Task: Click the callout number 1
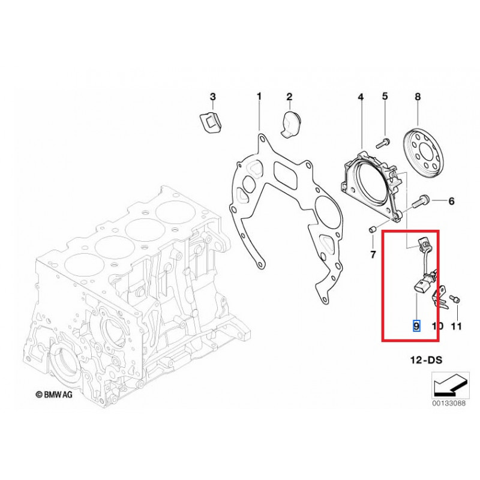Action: (259, 96)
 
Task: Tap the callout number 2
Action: (289, 97)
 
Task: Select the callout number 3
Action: (212, 97)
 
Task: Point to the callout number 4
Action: (361, 97)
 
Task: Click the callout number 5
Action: (385, 96)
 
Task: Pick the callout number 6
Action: (451, 200)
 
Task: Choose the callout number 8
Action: (418, 96)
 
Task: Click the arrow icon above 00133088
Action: (447, 385)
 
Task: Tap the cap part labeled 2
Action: (291, 123)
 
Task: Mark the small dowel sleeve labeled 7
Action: (372, 229)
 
